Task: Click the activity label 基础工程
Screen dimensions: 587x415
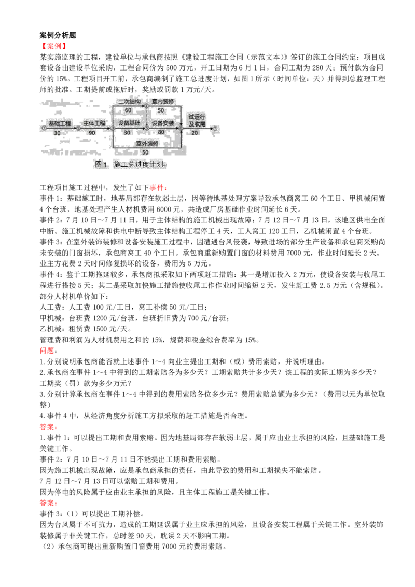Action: [x=60, y=123]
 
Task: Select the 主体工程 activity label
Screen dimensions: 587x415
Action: [x=94, y=123]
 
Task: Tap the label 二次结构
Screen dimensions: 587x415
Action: [x=129, y=101]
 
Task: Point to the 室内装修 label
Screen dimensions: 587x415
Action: [x=163, y=101]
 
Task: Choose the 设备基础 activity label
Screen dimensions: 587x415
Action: [x=129, y=123]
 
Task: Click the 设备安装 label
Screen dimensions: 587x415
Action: [x=163, y=123]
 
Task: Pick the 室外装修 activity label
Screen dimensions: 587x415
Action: [x=147, y=143]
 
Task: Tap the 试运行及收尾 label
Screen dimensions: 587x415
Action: [x=197, y=120]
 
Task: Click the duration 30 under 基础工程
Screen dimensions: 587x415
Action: [x=57, y=133]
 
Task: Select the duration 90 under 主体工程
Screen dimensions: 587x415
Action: [x=92, y=133]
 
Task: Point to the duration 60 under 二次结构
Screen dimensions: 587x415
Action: [x=128, y=110]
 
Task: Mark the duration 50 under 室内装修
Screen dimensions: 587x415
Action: [x=161, y=110]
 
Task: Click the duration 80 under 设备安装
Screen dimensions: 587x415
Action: [x=161, y=132]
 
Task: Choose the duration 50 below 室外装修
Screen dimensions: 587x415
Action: [x=145, y=152]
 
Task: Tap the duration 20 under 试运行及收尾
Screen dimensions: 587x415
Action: [x=195, y=133]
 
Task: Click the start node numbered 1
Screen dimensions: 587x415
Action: [x=44, y=128]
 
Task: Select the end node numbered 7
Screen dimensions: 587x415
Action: [x=215, y=128]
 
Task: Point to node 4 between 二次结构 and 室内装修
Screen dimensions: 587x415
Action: [x=147, y=106]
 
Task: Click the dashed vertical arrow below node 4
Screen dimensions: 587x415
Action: [x=147, y=117]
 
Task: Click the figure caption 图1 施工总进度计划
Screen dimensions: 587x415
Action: [x=130, y=165]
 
